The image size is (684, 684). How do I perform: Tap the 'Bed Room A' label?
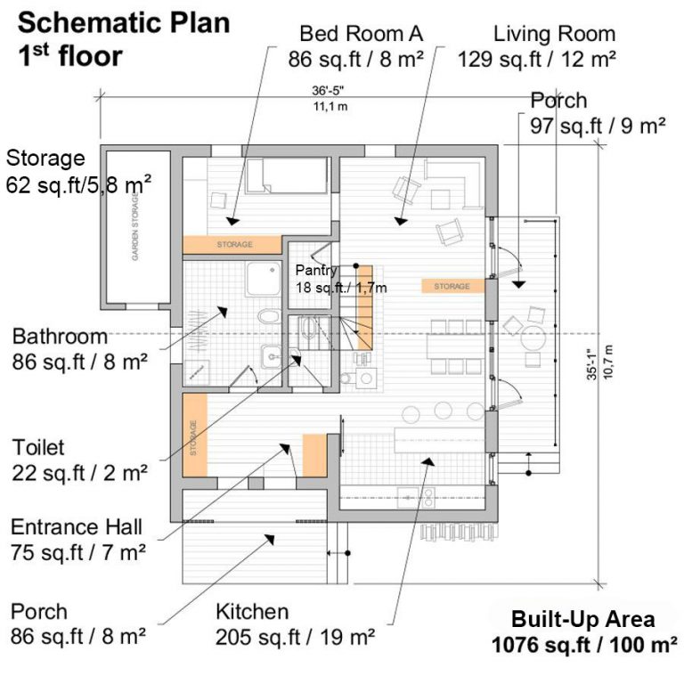[361, 35]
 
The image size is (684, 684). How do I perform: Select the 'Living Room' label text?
[554, 35]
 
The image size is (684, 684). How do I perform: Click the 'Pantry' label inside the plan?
[316, 270]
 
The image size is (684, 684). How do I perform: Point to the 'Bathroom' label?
[60, 337]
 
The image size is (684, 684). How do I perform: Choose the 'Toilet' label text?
[38, 445]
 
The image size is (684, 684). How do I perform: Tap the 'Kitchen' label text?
[252, 611]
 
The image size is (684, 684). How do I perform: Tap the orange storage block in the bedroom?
[234, 243]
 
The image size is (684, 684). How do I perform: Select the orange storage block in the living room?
[452, 286]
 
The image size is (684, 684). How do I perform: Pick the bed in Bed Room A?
[287, 175]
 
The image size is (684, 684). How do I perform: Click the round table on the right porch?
[532, 339]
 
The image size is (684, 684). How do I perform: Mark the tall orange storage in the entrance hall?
[194, 434]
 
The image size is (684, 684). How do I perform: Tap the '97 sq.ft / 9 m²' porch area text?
[598, 126]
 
